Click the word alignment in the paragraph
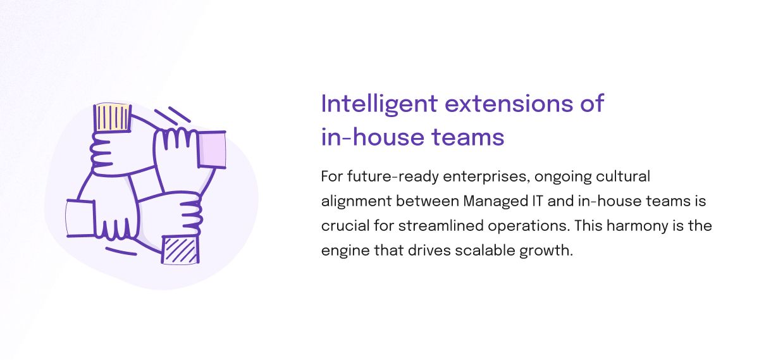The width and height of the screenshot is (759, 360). pos(357,202)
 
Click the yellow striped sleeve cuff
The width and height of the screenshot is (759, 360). pos(113,118)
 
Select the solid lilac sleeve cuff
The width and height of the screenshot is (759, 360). pos(211,149)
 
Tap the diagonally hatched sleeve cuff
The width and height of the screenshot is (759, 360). pos(180,250)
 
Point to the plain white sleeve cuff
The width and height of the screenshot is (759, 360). pos(80,218)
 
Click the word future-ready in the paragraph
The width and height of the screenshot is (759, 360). pos(393,177)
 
